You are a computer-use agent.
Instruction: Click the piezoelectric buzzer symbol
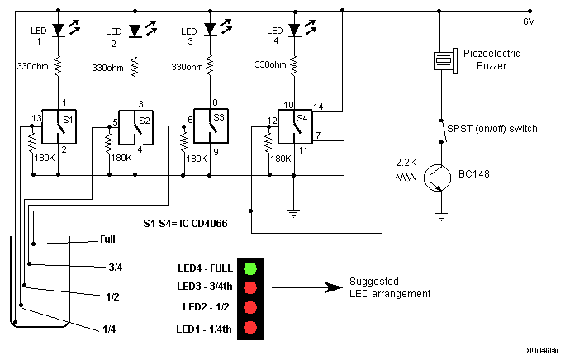pyautogui.click(x=446, y=60)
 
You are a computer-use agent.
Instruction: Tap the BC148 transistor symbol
pyautogui.click(x=437, y=178)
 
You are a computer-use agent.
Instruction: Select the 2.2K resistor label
pyautogui.click(x=406, y=163)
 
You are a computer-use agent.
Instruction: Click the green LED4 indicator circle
pyautogui.click(x=250, y=268)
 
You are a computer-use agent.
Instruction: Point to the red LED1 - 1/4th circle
pyautogui.click(x=250, y=327)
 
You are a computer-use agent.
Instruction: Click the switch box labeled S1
pyautogui.click(x=59, y=126)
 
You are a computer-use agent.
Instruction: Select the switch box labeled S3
pyautogui.click(x=211, y=126)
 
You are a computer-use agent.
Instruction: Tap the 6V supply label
pyautogui.click(x=529, y=21)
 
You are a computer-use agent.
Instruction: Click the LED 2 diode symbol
pyautogui.click(x=135, y=31)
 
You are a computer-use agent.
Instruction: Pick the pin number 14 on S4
pyautogui.click(x=318, y=107)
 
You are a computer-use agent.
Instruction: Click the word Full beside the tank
pyautogui.click(x=107, y=239)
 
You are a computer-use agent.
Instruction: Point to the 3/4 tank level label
pyautogui.click(x=115, y=268)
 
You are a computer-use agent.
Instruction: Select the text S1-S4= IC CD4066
pyautogui.click(x=185, y=223)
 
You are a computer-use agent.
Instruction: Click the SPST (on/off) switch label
pyautogui.click(x=492, y=129)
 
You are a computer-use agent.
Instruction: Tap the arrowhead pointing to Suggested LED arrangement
pyautogui.click(x=334, y=287)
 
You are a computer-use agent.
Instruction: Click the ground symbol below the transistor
pyautogui.click(x=441, y=217)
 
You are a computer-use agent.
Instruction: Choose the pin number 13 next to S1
pyautogui.click(x=36, y=118)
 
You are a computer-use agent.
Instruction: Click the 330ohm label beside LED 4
pyautogui.click(x=270, y=64)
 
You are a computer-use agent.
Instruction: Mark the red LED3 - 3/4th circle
pyautogui.click(x=250, y=287)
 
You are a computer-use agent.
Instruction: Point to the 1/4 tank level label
pyautogui.click(x=109, y=329)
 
